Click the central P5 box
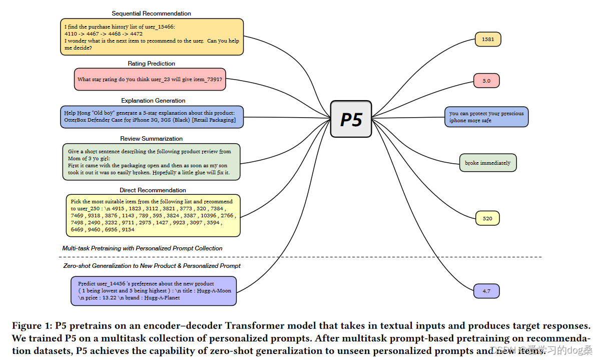351,119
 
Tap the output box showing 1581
487,39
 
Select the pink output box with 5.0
486,81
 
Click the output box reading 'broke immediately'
487,163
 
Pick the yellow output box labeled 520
487,218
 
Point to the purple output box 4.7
486,291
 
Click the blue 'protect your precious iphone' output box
486,117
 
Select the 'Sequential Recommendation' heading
151,14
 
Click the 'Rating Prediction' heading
151,64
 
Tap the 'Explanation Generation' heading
153,101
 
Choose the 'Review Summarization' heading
151,139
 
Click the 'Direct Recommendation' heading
153,190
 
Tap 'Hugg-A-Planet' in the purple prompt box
162,297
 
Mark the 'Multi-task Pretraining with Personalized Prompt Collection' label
142,248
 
